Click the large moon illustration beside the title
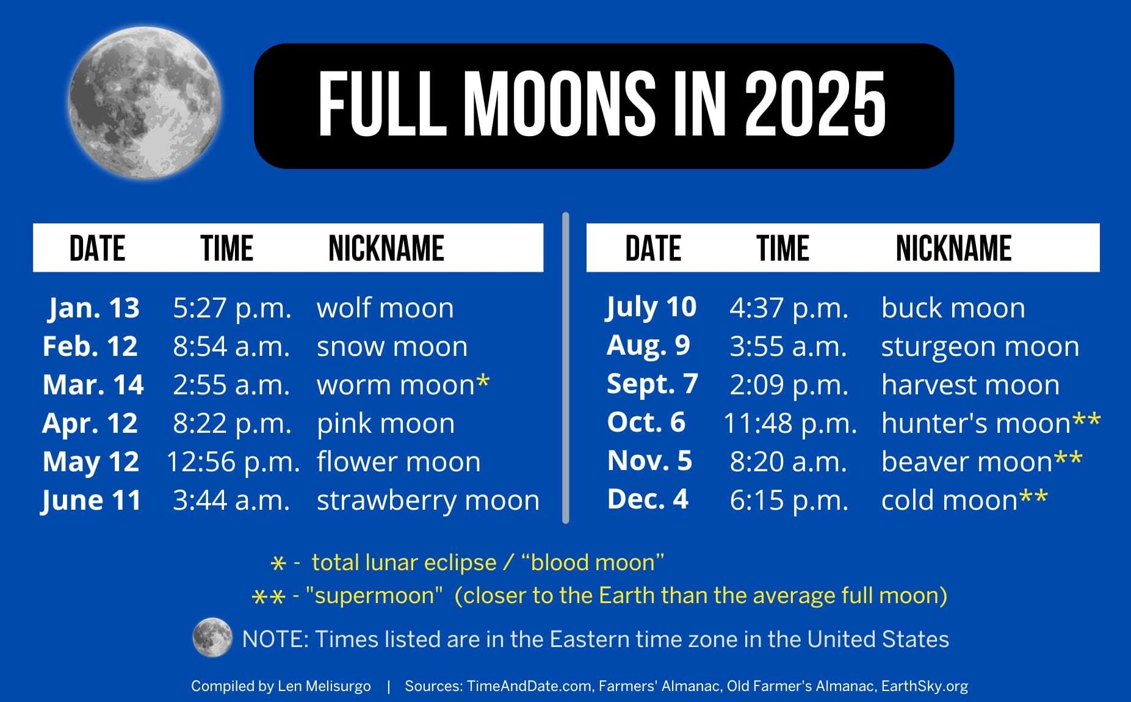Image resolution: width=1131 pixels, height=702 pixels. coord(144,103)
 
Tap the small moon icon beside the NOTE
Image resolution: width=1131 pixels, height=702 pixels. coord(212,638)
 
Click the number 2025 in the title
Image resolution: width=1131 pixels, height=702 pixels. coord(815,104)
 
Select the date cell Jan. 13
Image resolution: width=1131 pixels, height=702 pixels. coord(94,308)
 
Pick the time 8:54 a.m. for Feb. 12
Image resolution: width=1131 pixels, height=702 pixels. coord(231,346)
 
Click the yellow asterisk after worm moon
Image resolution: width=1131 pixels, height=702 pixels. coord(483,382)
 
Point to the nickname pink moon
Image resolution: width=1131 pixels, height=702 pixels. coord(385,423)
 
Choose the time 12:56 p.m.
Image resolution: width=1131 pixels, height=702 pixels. coord(233,461)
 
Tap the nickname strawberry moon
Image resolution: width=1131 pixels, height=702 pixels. coord(428,500)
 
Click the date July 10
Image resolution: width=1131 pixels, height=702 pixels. coord(651,307)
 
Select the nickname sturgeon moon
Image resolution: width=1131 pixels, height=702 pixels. coord(980,346)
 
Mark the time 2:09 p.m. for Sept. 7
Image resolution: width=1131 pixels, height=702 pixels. coord(789,385)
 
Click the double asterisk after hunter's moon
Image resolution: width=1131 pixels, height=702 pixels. coord(1086,421)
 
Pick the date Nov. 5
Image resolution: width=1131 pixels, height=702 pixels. coord(649,461)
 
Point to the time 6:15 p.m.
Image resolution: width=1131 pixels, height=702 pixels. coord(789,500)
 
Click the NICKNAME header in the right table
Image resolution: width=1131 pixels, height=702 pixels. coord(953,248)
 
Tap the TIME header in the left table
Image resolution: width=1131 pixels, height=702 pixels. coord(226,248)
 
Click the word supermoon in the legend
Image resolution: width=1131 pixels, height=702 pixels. coord(374,595)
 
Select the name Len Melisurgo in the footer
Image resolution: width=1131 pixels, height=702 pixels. coord(324,686)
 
